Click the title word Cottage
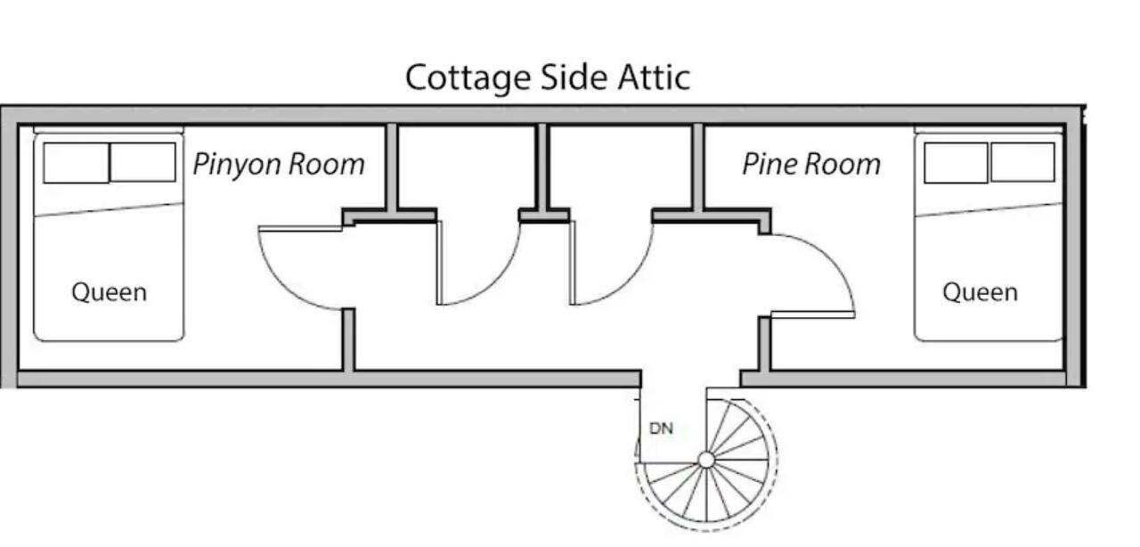pyautogui.click(x=468, y=78)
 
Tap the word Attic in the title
pyautogui.click(x=654, y=78)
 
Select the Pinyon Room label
pyautogui.click(x=279, y=165)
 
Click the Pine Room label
pyautogui.click(x=811, y=164)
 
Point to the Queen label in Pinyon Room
pyautogui.click(x=109, y=292)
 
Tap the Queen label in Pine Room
pyautogui.click(x=981, y=292)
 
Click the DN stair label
pyautogui.click(x=662, y=429)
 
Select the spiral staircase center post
pyautogui.click(x=706, y=460)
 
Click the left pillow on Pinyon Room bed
pyautogui.click(x=76, y=162)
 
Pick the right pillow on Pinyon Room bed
pyautogui.click(x=143, y=162)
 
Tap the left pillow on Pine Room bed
pyautogui.click(x=956, y=162)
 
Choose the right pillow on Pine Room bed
pyautogui.click(x=1023, y=162)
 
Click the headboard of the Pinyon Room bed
pyautogui.click(x=109, y=130)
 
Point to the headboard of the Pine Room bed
pyautogui.click(x=989, y=130)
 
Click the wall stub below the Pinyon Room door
pyautogui.click(x=348, y=339)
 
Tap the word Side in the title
pyautogui.click(x=574, y=78)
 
